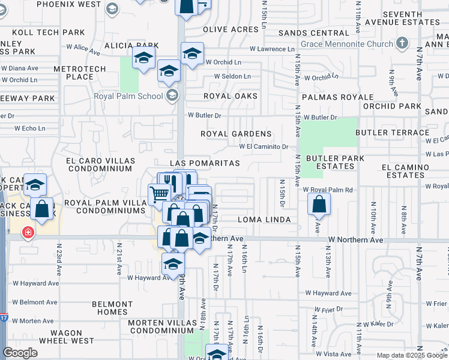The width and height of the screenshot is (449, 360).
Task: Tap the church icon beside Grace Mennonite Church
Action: (402, 43)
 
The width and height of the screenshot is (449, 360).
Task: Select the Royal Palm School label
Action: (128, 96)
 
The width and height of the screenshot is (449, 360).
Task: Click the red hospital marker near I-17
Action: (28, 233)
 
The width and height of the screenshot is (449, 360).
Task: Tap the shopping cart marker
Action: (158, 193)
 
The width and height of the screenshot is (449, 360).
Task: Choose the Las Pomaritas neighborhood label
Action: (205, 163)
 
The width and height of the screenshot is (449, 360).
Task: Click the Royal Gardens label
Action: (236, 134)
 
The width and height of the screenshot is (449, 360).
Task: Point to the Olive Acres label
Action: (231, 29)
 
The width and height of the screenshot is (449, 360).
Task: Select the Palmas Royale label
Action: (330, 96)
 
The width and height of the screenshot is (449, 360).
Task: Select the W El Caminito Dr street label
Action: (264, 146)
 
